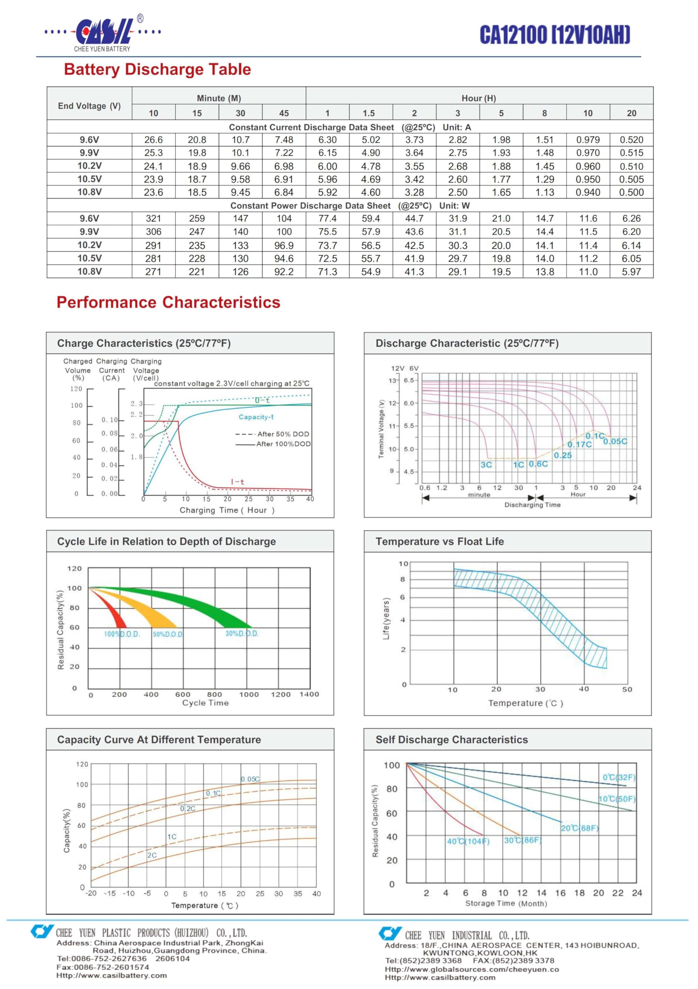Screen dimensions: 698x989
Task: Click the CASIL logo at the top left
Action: (x=102, y=34)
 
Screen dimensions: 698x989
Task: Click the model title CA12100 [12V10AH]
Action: (x=555, y=34)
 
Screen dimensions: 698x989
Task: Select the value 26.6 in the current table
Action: (x=154, y=140)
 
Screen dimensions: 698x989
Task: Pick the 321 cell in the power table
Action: (x=154, y=219)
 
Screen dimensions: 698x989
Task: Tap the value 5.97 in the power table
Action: (x=631, y=272)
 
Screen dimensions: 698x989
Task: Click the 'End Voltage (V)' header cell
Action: (x=90, y=106)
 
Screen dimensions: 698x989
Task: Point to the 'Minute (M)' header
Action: (x=219, y=98)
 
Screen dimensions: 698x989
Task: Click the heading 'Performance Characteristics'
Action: (x=168, y=302)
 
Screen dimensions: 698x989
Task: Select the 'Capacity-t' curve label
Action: (x=256, y=417)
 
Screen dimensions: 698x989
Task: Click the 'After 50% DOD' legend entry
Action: (x=272, y=434)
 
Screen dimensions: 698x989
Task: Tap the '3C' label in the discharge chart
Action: (x=486, y=465)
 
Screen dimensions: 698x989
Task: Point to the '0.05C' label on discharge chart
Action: (x=615, y=442)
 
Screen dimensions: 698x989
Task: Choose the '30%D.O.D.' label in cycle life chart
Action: (x=242, y=634)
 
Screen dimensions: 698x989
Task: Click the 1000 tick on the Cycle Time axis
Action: (x=249, y=694)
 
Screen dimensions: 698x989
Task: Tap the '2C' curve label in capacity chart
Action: (x=152, y=855)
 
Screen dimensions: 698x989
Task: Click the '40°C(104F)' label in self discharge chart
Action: (x=468, y=841)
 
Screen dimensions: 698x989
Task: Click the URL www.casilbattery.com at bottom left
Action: (x=112, y=975)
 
